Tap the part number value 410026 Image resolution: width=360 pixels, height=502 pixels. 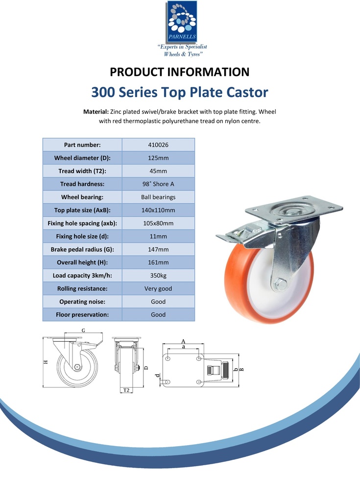(158, 145)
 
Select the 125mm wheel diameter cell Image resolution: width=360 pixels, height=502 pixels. (158, 158)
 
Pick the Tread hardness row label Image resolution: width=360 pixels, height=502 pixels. (82, 184)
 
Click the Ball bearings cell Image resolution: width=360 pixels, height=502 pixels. (158, 197)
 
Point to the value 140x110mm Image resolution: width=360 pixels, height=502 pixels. (158, 210)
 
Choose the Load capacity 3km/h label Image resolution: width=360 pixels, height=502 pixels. (82, 276)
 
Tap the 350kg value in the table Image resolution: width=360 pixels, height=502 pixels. (158, 276)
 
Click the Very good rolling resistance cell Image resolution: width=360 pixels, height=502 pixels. (158, 288)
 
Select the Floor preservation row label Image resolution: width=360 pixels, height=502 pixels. (82, 315)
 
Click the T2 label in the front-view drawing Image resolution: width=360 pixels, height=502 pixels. (126, 390)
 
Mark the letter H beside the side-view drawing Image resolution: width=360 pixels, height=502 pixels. (46, 362)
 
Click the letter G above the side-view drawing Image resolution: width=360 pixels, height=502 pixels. (83, 330)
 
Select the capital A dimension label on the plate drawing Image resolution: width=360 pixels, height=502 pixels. (183, 342)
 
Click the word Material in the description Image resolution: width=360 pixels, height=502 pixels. (96, 112)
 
